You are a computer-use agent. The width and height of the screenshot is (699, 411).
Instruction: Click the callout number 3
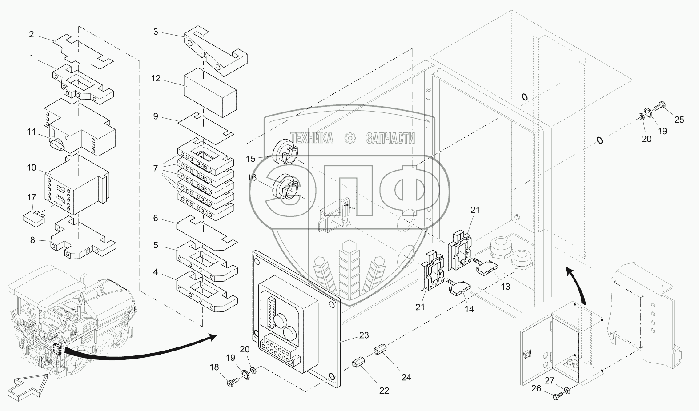click(x=156, y=32)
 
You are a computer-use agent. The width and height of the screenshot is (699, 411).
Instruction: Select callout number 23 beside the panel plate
click(x=364, y=335)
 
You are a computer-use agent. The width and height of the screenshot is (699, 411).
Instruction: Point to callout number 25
click(x=679, y=119)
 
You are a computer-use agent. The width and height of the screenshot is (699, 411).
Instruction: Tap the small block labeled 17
click(x=33, y=217)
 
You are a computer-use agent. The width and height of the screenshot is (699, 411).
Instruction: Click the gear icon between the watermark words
click(x=351, y=138)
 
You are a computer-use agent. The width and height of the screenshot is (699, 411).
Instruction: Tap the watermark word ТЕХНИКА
click(x=312, y=138)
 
